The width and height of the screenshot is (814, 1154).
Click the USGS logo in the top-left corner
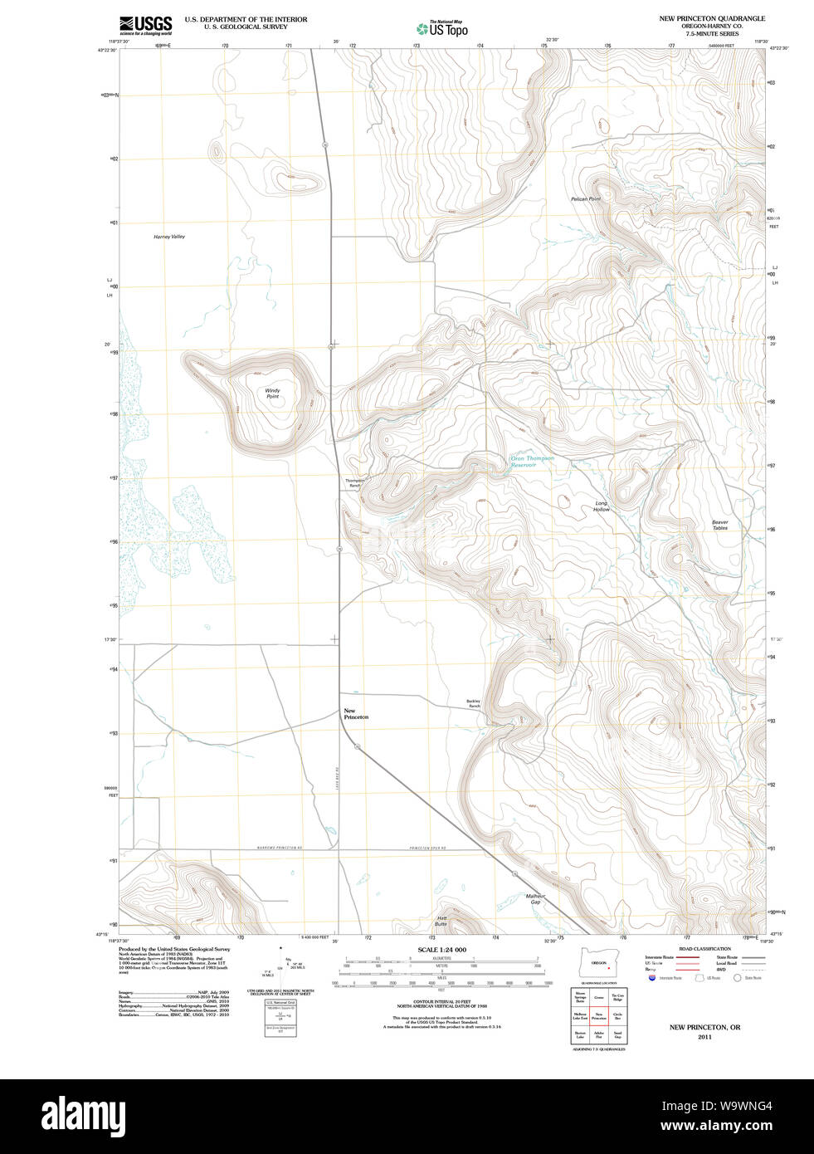click(145, 24)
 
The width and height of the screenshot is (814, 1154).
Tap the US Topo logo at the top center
click(442, 29)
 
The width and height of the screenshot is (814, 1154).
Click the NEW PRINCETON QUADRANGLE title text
click(712, 18)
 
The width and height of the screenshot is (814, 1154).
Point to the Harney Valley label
click(169, 237)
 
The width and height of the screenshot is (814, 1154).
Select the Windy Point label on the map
click(272, 394)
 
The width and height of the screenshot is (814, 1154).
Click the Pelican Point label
click(585, 199)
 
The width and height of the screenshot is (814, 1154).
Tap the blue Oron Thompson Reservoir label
click(531, 462)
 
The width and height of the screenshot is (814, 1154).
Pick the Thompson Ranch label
click(354, 482)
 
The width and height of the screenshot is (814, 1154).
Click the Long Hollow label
click(602, 506)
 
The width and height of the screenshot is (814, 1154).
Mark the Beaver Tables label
click(719, 525)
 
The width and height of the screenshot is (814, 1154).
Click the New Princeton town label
click(355, 714)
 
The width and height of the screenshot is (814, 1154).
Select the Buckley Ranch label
click(473, 703)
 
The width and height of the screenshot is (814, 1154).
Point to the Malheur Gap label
click(535, 899)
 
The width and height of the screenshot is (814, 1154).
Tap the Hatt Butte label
click(441, 921)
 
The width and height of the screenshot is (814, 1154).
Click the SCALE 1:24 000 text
click(441, 950)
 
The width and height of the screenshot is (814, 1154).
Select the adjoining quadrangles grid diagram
click(598, 1015)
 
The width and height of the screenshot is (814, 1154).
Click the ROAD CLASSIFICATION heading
click(704, 949)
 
